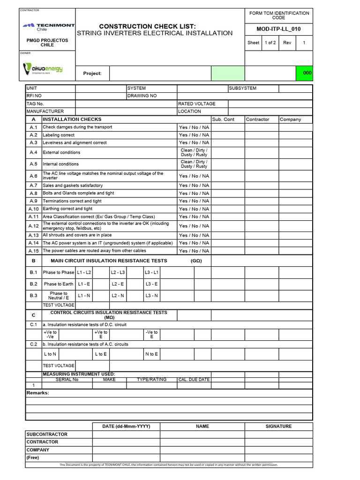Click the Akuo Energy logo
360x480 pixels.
[x=43, y=69]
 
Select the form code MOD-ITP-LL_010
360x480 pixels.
[x=278, y=29]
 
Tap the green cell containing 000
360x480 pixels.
[x=307, y=73]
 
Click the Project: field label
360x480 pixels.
[x=92, y=73]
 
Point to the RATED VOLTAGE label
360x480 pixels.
[x=197, y=104]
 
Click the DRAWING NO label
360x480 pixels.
[x=142, y=96]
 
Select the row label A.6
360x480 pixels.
[x=33, y=176]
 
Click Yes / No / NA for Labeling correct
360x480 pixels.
[x=194, y=135]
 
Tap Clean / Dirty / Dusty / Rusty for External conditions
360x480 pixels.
[x=194, y=152]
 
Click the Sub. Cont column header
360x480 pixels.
[x=223, y=120]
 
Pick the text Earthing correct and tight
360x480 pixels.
[x=67, y=209]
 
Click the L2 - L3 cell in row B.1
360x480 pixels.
[x=118, y=272]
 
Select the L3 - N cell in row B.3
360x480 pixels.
[x=151, y=296]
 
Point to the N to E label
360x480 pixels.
[x=151, y=354]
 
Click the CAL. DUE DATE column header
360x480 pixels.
[x=194, y=380]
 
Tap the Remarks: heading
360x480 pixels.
[x=37, y=393]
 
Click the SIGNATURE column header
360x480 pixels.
[x=278, y=427]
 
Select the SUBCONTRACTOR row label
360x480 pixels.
[x=47, y=435]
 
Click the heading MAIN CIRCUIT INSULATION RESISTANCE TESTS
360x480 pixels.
[x=112, y=261]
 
